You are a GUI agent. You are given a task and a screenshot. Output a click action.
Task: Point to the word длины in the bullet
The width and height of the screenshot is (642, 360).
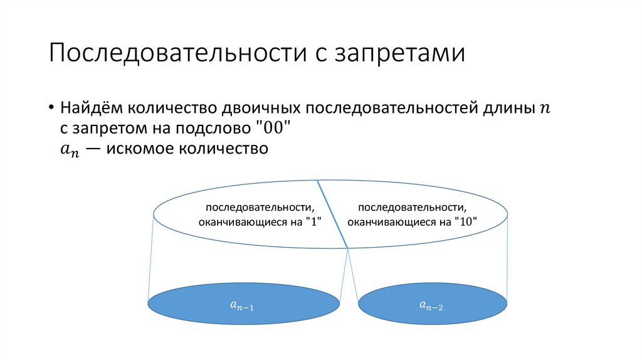point(509,107)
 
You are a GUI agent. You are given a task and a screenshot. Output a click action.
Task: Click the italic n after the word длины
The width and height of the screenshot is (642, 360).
point(543,109)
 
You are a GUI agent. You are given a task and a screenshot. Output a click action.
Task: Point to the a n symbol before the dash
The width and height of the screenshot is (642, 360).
point(70,151)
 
